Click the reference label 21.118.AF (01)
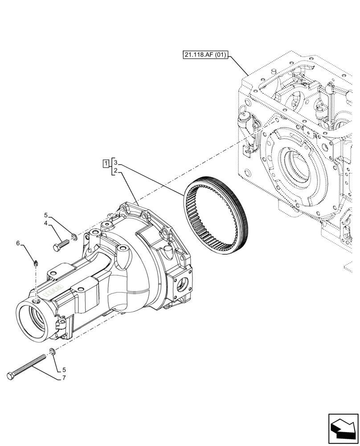pos(205,55)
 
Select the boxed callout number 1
pos(105,163)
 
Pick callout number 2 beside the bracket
pos(115,171)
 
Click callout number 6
pos(18,243)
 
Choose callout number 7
pos(64,378)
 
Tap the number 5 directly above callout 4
pos(46,215)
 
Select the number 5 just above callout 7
pos(64,370)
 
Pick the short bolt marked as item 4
pos(61,245)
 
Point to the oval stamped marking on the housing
pos(53,289)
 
